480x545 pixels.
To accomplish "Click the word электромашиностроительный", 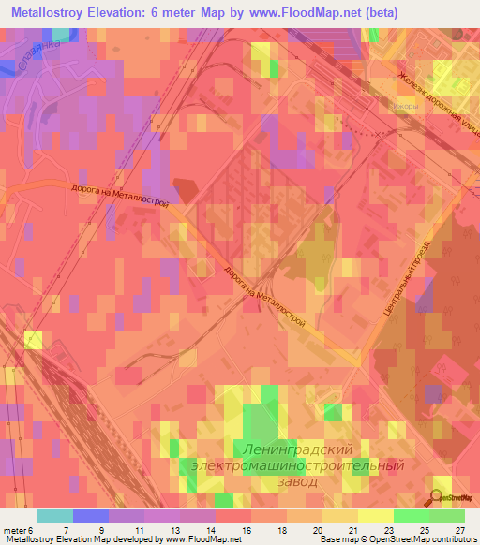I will [298, 464].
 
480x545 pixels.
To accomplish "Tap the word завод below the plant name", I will [298, 481].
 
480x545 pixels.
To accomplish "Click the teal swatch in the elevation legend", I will [54, 516].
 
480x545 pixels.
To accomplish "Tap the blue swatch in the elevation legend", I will [90, 516].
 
